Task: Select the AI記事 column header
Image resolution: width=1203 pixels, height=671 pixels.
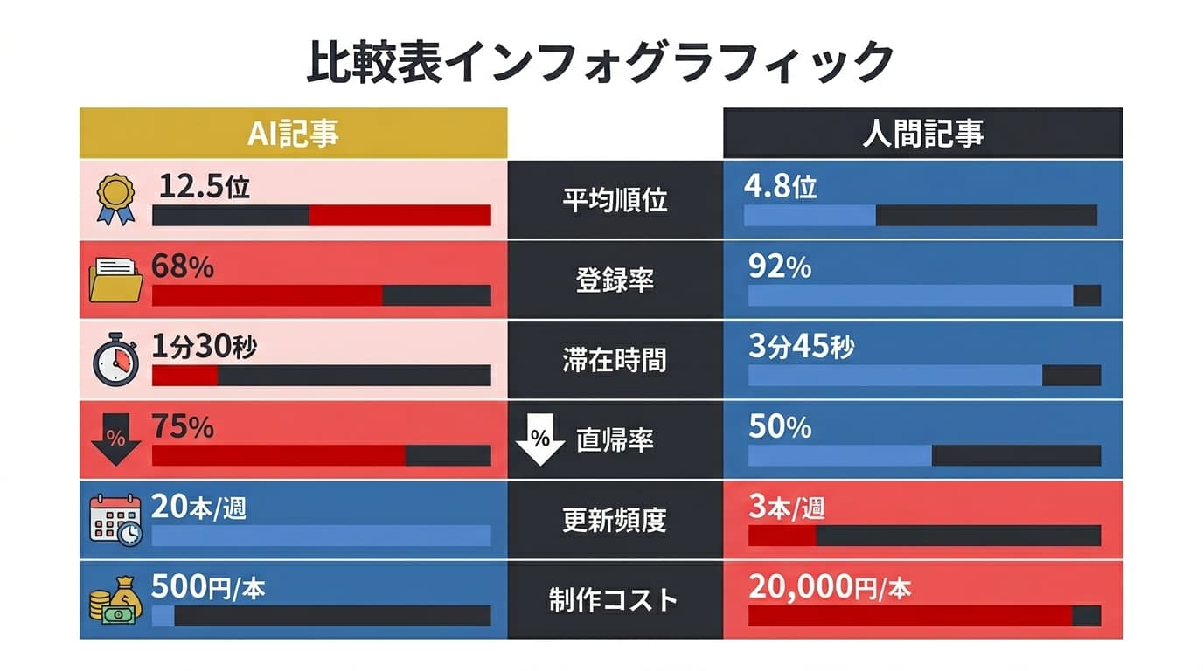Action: pos(293,134)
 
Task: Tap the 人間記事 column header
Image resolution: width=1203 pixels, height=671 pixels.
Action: pos(922,134)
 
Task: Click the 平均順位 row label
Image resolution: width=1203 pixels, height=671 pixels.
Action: pos(615,200)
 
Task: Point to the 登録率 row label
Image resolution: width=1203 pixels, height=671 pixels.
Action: pos(615,280)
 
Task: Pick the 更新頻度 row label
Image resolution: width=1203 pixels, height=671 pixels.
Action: pos(615,521)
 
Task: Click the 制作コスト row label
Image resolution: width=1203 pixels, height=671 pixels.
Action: pos(615,600)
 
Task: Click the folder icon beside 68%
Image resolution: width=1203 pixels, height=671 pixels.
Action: pos(115,280)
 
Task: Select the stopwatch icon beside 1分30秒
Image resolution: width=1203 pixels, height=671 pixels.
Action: pos(115,360)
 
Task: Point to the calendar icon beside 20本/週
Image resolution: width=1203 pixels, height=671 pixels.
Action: pos(115,521)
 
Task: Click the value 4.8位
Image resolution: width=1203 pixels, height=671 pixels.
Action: pos(780,187)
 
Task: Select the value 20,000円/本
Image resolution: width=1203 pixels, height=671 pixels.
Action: pos(829,588)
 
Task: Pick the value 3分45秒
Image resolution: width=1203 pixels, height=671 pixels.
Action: pos(801,347)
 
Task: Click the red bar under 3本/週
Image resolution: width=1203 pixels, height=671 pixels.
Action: pos(782,536)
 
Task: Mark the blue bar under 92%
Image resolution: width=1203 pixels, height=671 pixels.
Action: pos(910,295)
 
